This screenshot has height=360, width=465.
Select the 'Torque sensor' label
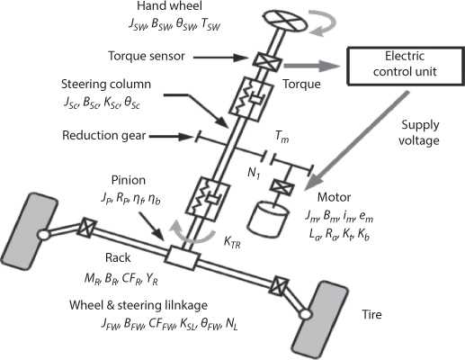coord(147,56)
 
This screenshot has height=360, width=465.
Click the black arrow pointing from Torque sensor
coord(222,57)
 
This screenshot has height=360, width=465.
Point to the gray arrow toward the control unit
coord(312,66)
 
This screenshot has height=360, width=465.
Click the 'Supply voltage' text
coord(420,132)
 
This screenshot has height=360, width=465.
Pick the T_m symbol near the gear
coord(282,138)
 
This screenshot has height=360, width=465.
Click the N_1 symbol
coord(254,175)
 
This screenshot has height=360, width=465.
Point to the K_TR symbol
coord(232,242)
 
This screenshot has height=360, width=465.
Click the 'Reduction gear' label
coord(103,135)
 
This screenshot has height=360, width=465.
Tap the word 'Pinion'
coord(129,180)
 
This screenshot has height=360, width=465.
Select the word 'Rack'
coord(118,257)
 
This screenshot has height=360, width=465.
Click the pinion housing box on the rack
coord(183,257)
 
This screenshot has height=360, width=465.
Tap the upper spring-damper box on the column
coord(251,99)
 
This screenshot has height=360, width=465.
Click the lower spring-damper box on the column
coord(208,199)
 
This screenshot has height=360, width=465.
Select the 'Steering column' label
coord(106,85)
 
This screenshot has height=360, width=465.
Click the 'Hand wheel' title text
coord(170,6)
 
